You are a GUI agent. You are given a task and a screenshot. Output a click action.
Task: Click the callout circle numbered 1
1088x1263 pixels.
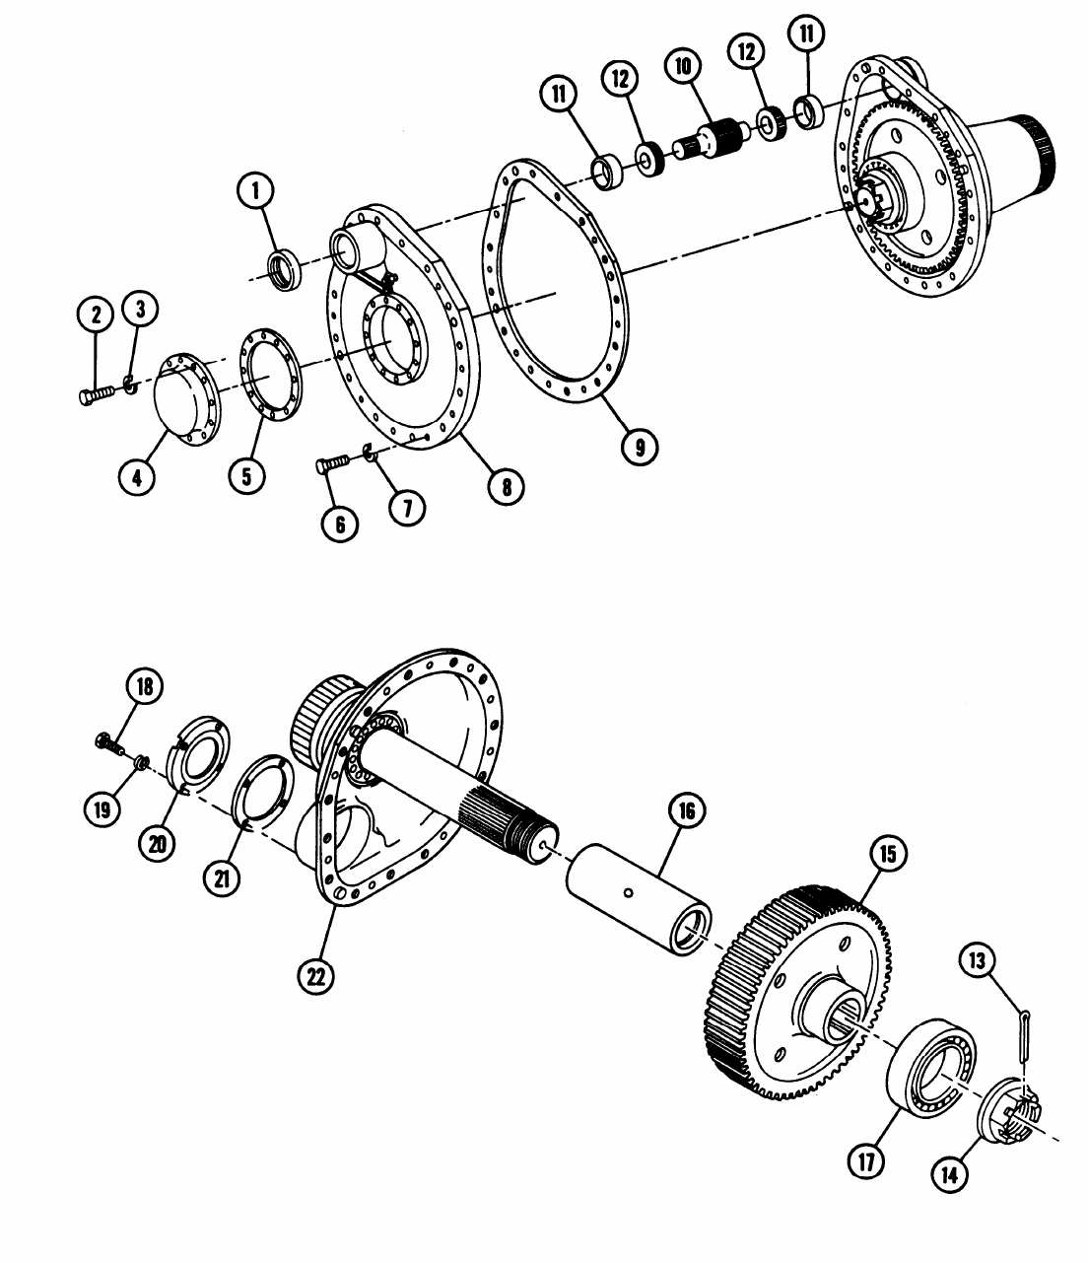coord(255,190)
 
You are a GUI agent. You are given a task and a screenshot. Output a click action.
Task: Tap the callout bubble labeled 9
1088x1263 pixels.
coord(640,447)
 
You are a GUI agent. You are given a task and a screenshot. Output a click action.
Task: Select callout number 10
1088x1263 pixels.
coord(683,66)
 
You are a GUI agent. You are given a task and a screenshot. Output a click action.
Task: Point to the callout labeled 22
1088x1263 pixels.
coord(316,976)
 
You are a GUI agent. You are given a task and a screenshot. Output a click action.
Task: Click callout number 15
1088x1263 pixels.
coord(888,854)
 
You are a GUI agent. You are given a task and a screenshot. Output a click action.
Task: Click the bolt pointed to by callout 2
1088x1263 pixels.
coord(98,394)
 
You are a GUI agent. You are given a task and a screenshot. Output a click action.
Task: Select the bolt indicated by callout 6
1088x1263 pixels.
coord(333,463)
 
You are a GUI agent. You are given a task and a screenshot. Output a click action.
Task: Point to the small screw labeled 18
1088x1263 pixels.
coord(109,744)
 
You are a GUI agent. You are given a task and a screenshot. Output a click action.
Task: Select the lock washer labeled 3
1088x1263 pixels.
coord(129,385)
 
